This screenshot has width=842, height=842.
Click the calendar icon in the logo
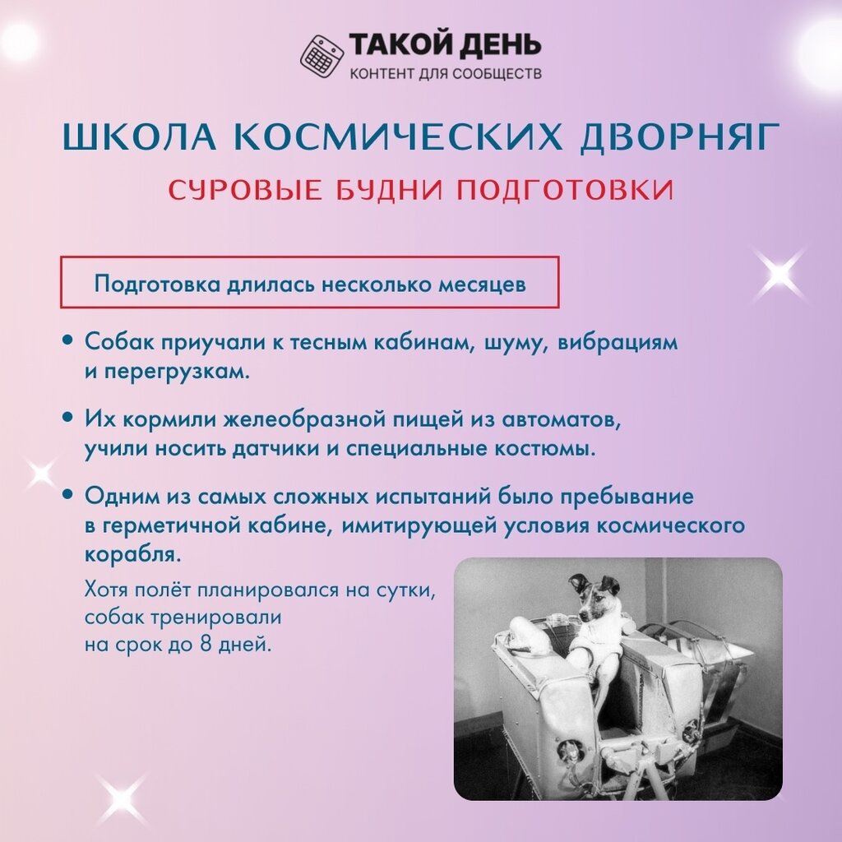[322, 55]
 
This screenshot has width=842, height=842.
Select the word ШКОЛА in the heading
[140, 137]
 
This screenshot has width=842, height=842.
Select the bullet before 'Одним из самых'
[67, 494]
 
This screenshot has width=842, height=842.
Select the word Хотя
[106, 590]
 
